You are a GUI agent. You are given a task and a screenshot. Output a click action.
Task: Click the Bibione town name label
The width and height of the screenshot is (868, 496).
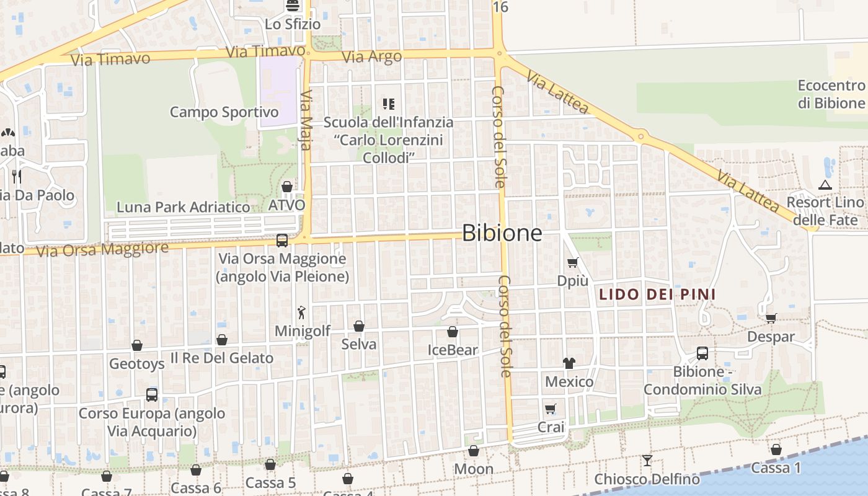pyautogui.click(x=502, y=233)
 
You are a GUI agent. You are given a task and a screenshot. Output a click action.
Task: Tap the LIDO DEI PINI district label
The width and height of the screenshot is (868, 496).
pyautogui.click(x=657, y=294)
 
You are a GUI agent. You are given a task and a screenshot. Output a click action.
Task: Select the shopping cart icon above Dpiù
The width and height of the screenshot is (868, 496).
pyautogui.click(x=572, y=262)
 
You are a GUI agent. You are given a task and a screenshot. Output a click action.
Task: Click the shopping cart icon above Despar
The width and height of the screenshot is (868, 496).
pyautogui.click(x=771, y=318)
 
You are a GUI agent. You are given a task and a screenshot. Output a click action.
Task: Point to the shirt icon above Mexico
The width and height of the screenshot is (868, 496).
pyautogui.click(x=569, y=363)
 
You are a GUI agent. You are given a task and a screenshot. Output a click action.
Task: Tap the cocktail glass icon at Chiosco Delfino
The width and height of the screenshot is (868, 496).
pyautogui.click(x=647, y=460)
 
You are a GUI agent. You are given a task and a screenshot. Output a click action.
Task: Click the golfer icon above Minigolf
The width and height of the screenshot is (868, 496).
pyautogui.click(x=302, y=312)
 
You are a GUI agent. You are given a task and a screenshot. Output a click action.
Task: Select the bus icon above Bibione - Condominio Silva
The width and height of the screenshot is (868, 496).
pyautogui.click(x=702, y=353)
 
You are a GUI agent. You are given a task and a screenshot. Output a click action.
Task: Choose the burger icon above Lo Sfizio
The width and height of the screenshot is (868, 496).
pyautogui.click(x=293, y=6)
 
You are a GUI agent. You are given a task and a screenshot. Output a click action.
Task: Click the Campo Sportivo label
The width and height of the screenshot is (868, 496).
pyautogui.click(x=224, y=112)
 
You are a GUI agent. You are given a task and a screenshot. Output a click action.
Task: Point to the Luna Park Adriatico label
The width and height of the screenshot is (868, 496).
pyautogui.click(x=184, y=206)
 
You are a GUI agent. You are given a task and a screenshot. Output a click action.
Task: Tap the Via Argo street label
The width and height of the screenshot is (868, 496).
pyautogui.click(x=372, y=57)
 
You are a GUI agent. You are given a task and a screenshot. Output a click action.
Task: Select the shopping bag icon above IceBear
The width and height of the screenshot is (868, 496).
pyautogui.click(x=453, y=332)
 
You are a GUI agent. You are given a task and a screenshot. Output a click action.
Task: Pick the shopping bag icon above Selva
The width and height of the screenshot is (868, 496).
pyautogui.click(x=358, y=326)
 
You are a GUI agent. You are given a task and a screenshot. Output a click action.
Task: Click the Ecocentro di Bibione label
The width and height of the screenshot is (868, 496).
pyautogui.click(x=831, y=94)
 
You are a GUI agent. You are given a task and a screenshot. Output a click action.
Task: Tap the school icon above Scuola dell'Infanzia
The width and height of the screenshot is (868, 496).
pyautogui.click(x=389, y=104)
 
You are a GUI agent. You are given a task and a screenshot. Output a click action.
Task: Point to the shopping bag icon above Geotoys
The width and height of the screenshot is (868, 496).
pyautogui.click(x=136, y=345)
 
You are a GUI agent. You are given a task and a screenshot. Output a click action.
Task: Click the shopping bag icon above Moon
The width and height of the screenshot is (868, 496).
pyautogui.click(x=474, y=451)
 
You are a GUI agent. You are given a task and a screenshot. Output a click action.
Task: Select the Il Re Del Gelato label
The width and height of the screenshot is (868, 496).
pyautogui.click(x=221, y=358)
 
